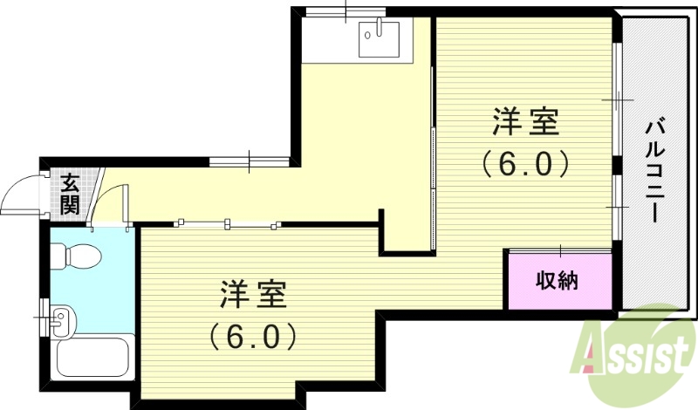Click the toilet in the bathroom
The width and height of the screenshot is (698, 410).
(x=77, y=256)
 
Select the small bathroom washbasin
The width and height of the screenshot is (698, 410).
(x=61, y=318)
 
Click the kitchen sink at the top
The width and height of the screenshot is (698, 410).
(x=378, y=38)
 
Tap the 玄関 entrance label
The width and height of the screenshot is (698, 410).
(x=70, y=195)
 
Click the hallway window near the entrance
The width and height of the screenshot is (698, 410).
(x=250, y=161)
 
